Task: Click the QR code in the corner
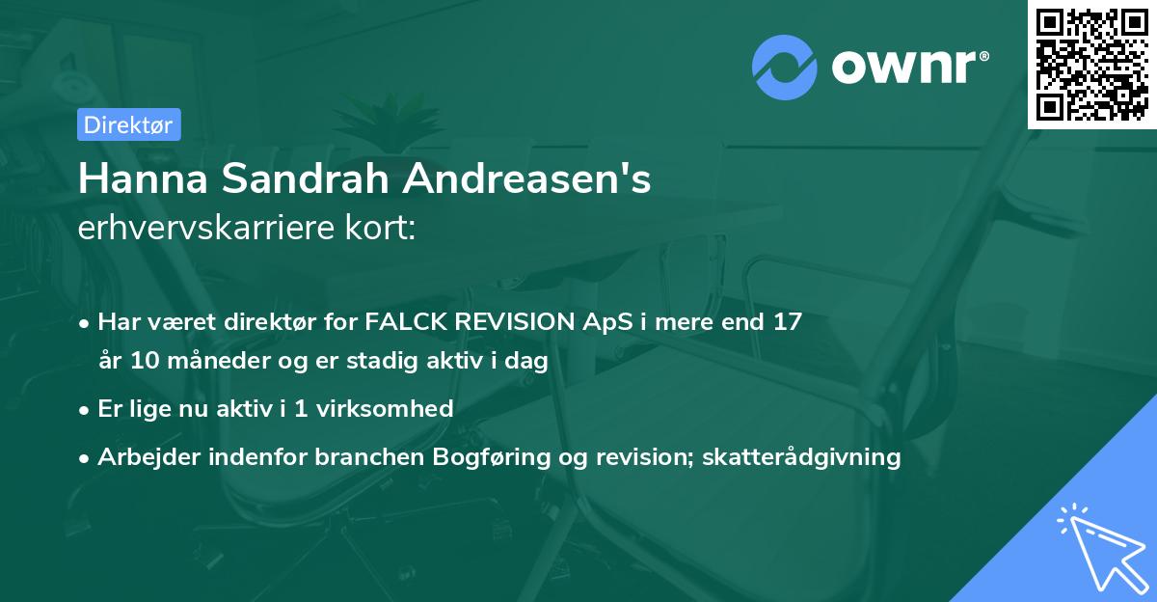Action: [x=1091, y=65]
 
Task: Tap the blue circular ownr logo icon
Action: [x=785, y=68]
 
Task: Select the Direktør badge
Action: [x=128, y=124]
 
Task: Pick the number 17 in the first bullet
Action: [x=788, y=321]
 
